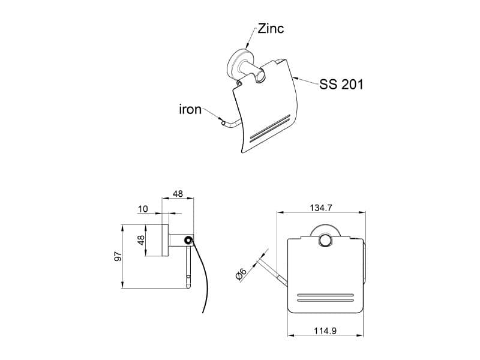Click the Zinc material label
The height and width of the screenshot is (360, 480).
coord(271,28)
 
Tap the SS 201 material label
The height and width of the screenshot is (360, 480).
coord(341,84)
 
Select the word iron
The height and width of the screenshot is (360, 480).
coord(190,109)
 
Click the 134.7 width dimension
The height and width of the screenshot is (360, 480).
coord(321,208)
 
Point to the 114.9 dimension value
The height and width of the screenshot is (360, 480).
coord(325,331)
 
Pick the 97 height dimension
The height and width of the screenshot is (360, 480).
coord(118,257)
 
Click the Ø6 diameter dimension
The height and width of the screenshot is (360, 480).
coord(241,274)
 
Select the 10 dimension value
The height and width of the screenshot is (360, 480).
coord(143,209)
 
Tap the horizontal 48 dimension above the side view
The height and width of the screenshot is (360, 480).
coord(178,194)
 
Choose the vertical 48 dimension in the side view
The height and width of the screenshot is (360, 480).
coord(141,240)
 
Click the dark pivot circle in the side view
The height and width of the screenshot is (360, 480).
coord(188,240)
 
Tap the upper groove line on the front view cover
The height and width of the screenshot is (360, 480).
coord(325,295)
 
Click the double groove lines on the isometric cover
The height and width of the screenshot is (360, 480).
coord(270,128)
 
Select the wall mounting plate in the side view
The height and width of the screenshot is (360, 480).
coord(165,241)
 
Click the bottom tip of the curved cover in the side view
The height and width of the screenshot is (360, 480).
coord(203,313)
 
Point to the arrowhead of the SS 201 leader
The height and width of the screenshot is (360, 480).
coord(294,78)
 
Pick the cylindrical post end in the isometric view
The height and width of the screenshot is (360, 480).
coord(260,76)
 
